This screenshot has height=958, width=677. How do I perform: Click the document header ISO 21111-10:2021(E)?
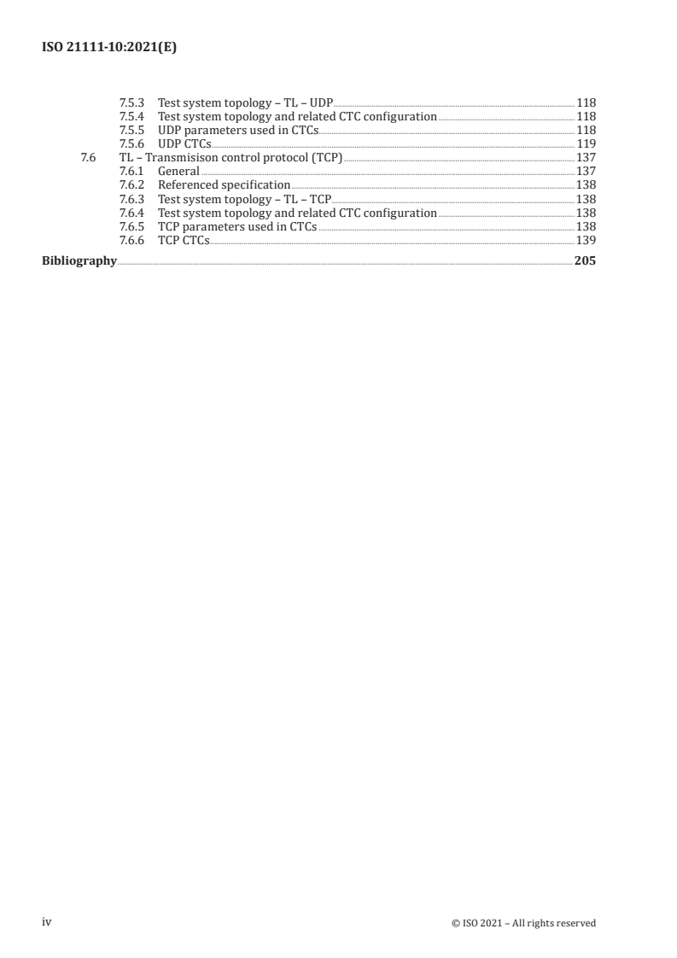pyautogui.click(x=109, y=49)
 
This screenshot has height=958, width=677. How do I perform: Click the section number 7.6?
pyautogui.click(x=85, y=157)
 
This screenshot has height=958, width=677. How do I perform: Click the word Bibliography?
pyautogui.click(x=79, y=262)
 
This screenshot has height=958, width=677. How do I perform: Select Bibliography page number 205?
pyautogui.click(x=585, y=262)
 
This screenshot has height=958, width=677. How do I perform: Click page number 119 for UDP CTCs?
pyautogui.click(x=586, y=143)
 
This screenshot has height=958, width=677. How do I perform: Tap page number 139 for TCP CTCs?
pyautogui.click(x=586, y=240)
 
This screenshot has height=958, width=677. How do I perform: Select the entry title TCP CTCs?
pyautogui.click(x=183, y=240)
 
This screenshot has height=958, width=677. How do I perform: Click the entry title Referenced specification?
pyautogui.click(x=224, y=184)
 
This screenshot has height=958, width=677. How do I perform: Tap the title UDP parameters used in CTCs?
pyautogui.click(x=237, y=130)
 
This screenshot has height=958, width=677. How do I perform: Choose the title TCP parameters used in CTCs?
pyautogui.click(x=236, y=226)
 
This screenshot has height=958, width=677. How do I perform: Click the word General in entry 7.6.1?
pyautogui.click(x=178, y=171)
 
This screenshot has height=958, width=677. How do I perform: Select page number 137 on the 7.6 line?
pyautogui.click(x=586, y=157)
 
